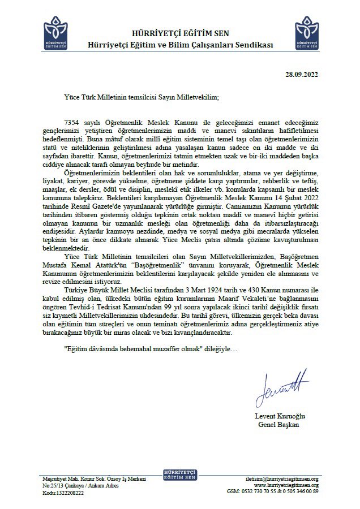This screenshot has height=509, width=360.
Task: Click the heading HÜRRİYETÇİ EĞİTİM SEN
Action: coord(179,34)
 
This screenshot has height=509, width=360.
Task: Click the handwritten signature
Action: coord(281,386)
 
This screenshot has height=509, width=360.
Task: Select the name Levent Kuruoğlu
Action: coord(281,417)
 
